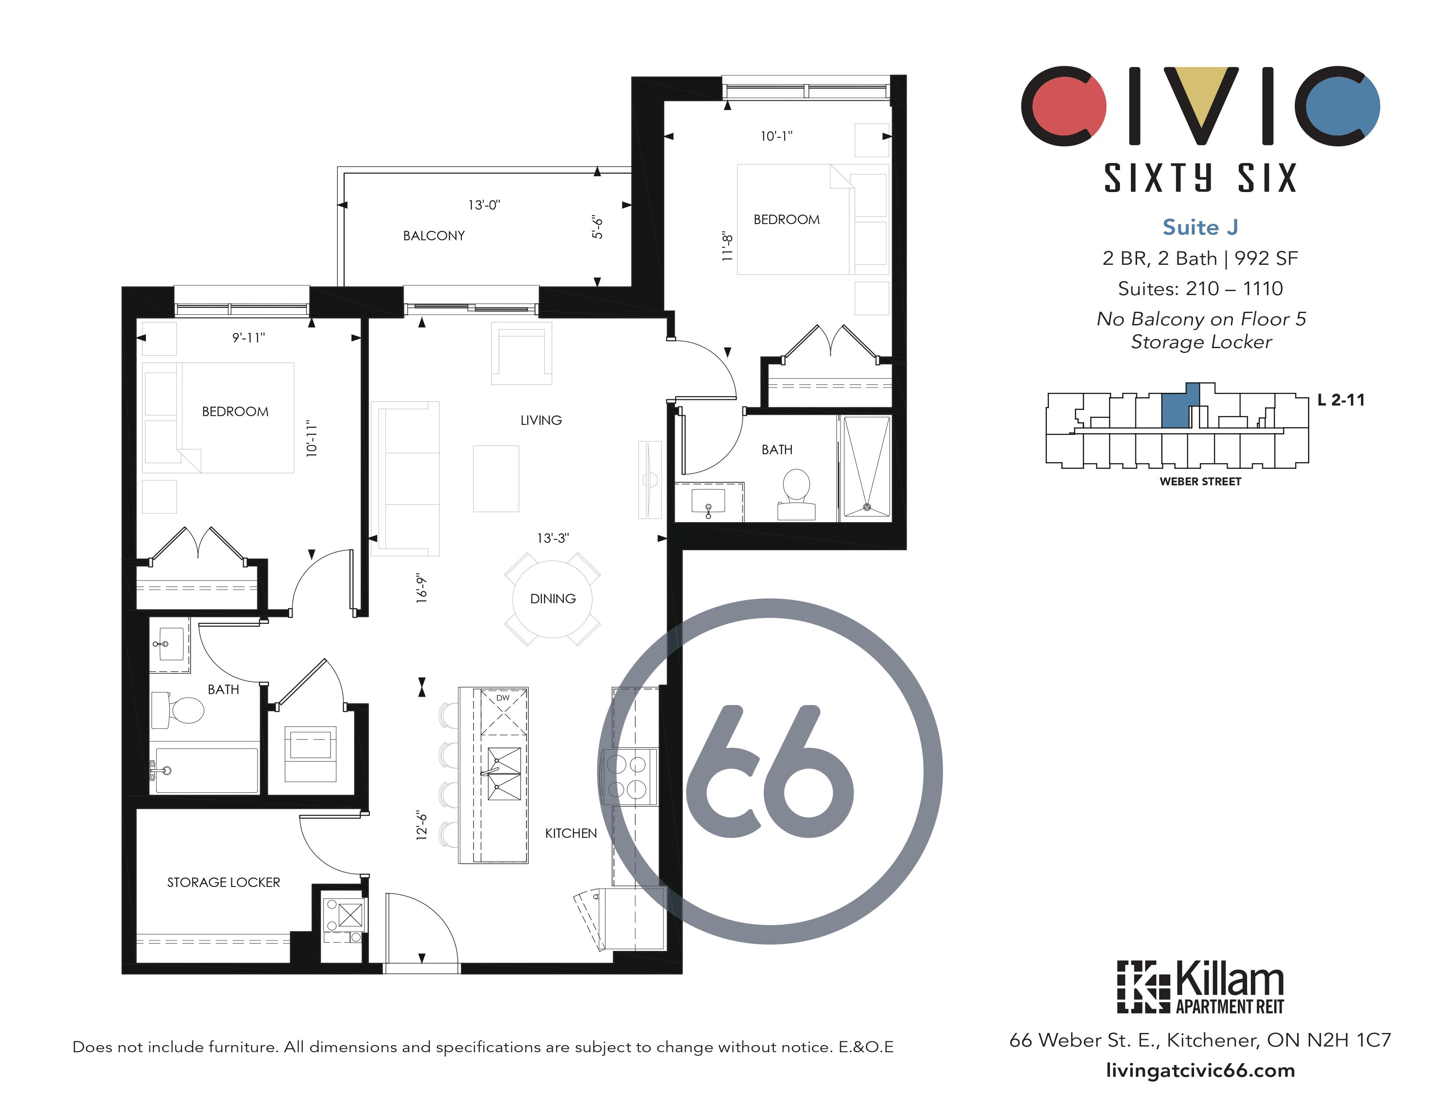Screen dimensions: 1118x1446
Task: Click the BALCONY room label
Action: (x=434, y=236)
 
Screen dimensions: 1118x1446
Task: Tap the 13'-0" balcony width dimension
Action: (x=484, y=205)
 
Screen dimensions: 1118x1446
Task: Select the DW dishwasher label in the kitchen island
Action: (x=503, y=698)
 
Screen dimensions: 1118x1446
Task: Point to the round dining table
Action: (x=552, y=599)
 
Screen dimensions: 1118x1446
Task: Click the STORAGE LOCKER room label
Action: (x=223, y=882)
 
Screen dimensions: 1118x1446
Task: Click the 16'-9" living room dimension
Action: (x=422, y=587)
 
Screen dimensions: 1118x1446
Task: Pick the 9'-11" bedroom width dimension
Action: (x=248, y=338)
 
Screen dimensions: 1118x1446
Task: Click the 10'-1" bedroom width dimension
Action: (x=776, y=136)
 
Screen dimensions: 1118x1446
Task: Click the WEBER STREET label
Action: (x=1200, y=481)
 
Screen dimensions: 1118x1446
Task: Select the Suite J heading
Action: (x=1200, y=227)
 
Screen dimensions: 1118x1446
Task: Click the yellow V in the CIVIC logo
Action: (x=1200, y=103)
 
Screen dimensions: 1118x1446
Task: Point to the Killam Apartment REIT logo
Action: (x=1200, y=987)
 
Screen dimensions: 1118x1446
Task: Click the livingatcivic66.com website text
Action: (x=1200, y=1070)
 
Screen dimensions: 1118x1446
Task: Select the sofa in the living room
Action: (x=406, y=478)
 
